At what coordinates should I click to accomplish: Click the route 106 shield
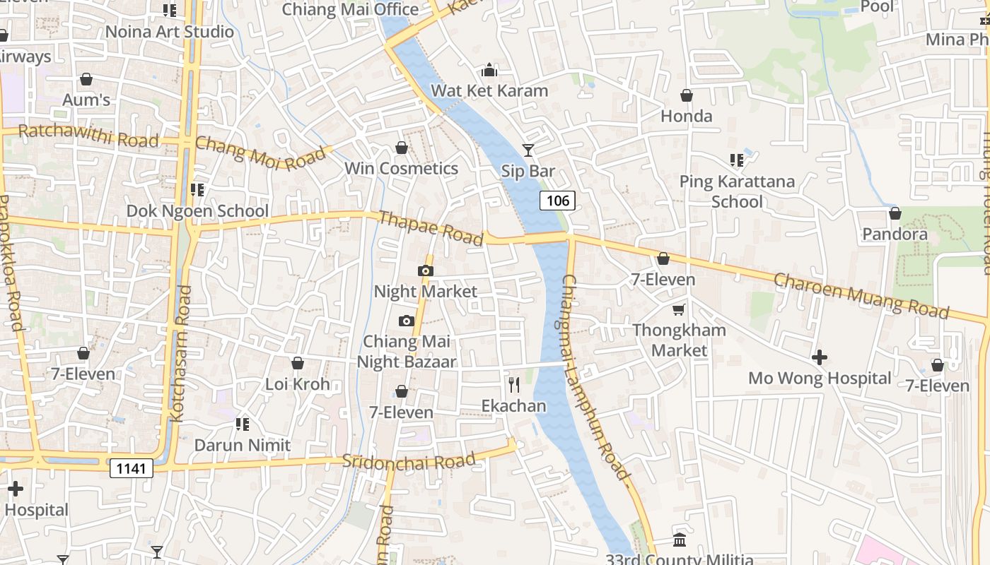point(557,201)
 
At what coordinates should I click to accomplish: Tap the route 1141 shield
point(131,468)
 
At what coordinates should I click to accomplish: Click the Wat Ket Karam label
point(489,90)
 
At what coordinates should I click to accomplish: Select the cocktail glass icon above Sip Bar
point(528,150)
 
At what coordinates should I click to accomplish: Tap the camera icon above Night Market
point(425,270)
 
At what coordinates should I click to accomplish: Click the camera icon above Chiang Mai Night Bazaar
point(406,321)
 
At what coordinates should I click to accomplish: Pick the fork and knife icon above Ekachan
point(514,385)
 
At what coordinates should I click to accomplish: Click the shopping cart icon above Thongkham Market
point(679,309)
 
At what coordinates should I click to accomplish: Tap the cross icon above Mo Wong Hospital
point(820,357)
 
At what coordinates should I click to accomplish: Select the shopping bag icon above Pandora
point(895,213)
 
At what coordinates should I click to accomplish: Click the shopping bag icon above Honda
point(686,95)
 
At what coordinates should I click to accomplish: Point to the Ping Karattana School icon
point(737,160)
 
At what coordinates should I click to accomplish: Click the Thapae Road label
point(431,227)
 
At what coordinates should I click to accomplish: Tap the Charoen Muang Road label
point(861,295)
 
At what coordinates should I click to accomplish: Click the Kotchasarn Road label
point(181,353)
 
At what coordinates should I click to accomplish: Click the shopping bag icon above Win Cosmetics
point(402,148)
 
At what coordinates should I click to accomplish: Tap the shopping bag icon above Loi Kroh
point(298,363)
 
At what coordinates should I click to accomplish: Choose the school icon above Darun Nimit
point(243,424)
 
